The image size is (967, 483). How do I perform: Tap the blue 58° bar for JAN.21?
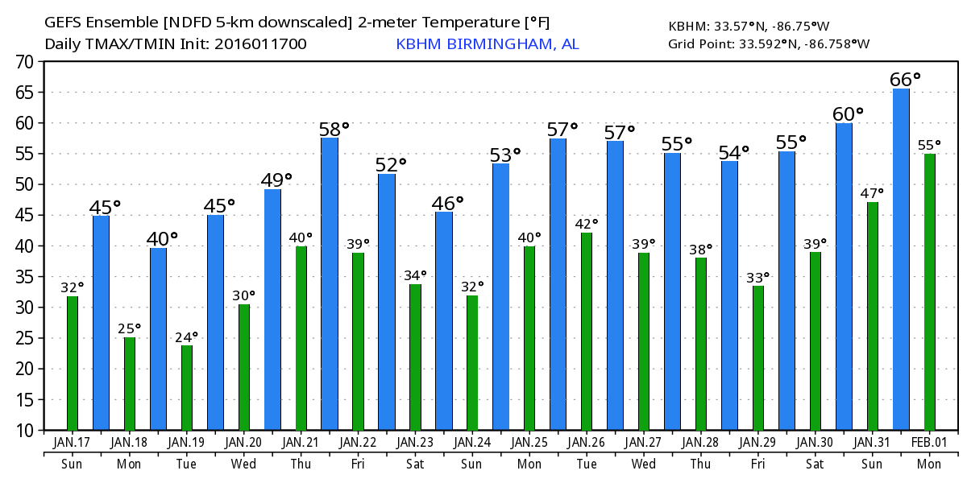pyautogui.click(x=330, y=284)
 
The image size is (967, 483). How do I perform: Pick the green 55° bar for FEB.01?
pyautogui.click(x=929, y=292)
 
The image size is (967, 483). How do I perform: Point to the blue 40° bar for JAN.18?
pyautogui.click(x=158, y=339)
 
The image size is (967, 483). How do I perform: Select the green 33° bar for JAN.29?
pyautogui.click(x=757, y=358)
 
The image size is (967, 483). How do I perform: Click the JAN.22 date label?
pyautogui.click(x=359, y=443)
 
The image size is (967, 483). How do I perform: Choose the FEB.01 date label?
pyautogui.click(x=929, y=443)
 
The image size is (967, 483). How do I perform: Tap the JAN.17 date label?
pyautogui.click(x=73, y=443)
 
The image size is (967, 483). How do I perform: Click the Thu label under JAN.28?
pyautogui.click(x=700, y=464)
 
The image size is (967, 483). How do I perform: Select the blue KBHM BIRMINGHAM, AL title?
pyautogui.click(x=487, y=44)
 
